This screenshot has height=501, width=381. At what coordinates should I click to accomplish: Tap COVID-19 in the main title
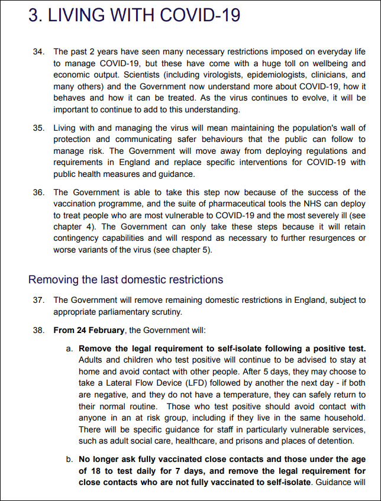point(199,15)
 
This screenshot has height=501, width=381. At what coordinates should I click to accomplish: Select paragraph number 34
point(38,52)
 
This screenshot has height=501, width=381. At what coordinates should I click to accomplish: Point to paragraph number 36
point(38,192)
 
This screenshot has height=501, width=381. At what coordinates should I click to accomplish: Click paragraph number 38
point(38,329)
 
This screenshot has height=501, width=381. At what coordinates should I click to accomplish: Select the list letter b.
point(69,459)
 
